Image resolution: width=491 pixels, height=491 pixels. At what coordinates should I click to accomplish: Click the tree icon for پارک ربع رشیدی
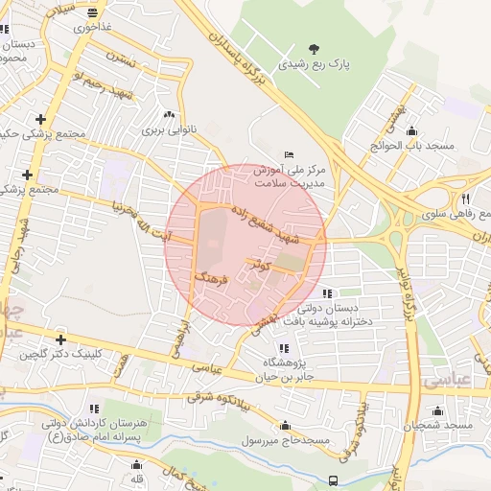pyautogui.click(x=314, y=49)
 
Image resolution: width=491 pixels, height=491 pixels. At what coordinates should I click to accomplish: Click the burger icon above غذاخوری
pyautogui.click(x=92, y=13)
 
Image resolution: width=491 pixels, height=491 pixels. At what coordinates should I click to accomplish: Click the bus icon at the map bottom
pyautogui.click(x=334, y=480)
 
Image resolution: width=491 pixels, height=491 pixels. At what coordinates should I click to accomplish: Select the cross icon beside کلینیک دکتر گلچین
pyautogui.click(x=61, y=339)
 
